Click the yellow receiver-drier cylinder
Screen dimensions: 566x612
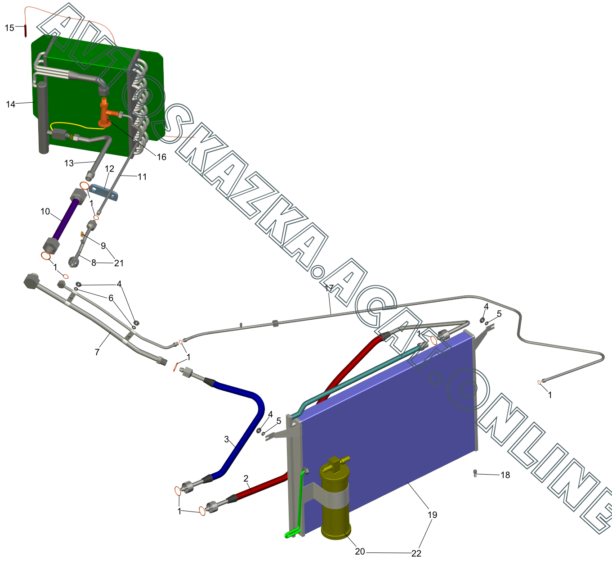click(335, 500)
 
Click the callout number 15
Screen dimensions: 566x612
click(9, 28)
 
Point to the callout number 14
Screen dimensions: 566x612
click(10, 104)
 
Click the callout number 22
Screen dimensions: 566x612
click(416, 553)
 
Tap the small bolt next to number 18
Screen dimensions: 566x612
click(475, 473)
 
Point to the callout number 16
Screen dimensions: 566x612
click(161, 157)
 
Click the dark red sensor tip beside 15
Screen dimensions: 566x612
click(25, 31)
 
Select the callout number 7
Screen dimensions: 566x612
click(97, 352)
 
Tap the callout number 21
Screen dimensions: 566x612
click(119, 263)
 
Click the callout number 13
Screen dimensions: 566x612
click(69, 163)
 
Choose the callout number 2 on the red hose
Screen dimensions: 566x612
click(246, 479)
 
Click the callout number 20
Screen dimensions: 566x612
click(360, 552)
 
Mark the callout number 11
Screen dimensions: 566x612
click(142, 177)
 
